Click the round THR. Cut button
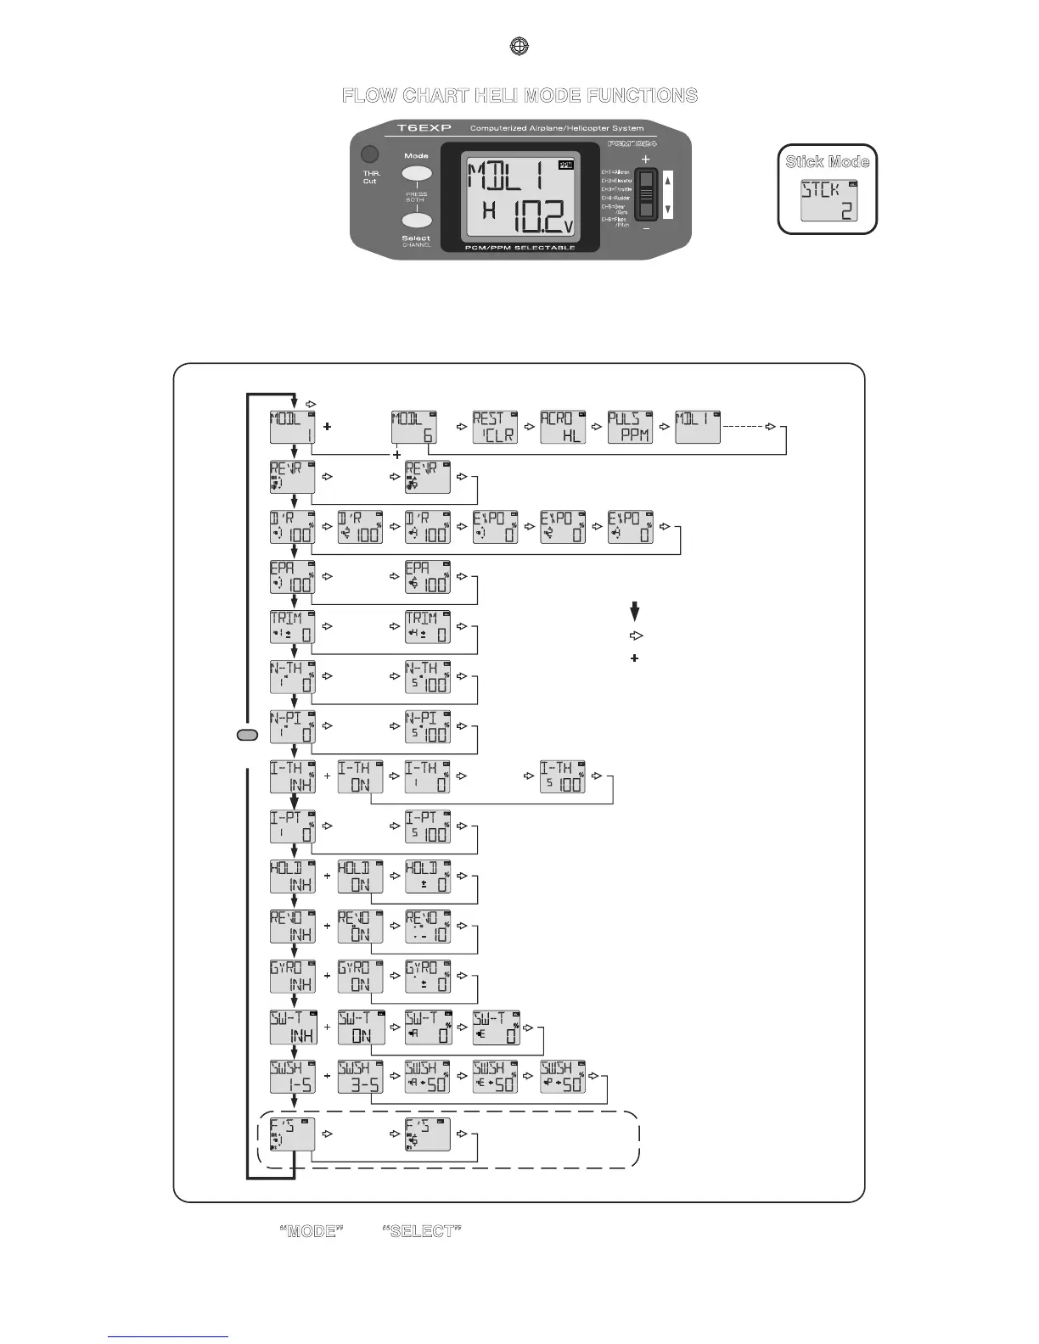pyautogui.click(x=369, y=154)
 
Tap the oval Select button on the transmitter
pyautogui.click(x=416, y=221)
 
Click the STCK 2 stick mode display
pyautogui.click(x=828, y=201)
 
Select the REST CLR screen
pyautogui.click(x=495, y=427)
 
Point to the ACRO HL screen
pyautogui.click(x=563, y=427)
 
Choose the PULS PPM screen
pyautogui.click(x=631, y=427)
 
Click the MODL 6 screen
pyautogui.click(x=414, y=427)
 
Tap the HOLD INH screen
pyautogui.click(x=292, y=876)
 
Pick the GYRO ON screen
pyautogui.click(x=360, y=977)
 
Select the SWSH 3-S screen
pyautogui.click(x=360, y=1077)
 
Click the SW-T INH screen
pyautogui.click(x=292, y=1027)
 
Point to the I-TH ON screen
pyautogui.click(x=360, y=776)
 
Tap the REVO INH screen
pyautogui.click(x=292, y=927)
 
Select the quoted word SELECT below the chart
pyautogui.click(x=422, y=1231)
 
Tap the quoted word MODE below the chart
pyautogui.click(x=312, y=1231)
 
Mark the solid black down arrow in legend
pyautogui.click(x=635, y=611)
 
